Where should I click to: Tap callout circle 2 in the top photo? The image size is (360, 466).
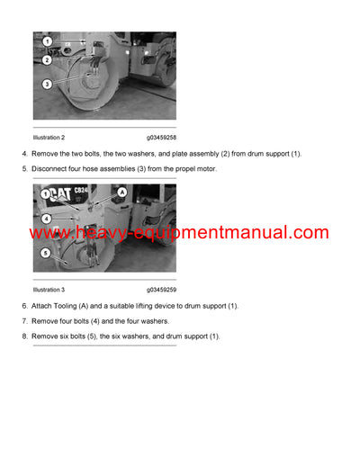[46, 60]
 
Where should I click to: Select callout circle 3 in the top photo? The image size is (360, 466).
[46, 84]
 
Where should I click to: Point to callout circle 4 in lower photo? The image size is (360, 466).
[46, 218]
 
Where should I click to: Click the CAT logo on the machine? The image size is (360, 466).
[58, 197]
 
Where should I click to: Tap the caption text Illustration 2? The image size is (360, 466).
[49, 138]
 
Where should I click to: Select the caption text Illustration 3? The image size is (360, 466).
[49, 291]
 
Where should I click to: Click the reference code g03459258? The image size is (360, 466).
[161, 138]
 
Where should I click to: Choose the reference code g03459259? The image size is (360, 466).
[161, 291]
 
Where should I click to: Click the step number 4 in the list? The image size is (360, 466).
[24, 154]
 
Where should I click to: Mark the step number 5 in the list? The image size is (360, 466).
[24, 168]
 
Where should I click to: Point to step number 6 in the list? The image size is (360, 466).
[24, 307]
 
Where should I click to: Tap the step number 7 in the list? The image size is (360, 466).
[24, 321]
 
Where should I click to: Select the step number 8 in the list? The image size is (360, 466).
[24, 336]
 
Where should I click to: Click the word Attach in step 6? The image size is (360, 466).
[45, 307]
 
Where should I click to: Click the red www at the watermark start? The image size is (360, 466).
[50, 234]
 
